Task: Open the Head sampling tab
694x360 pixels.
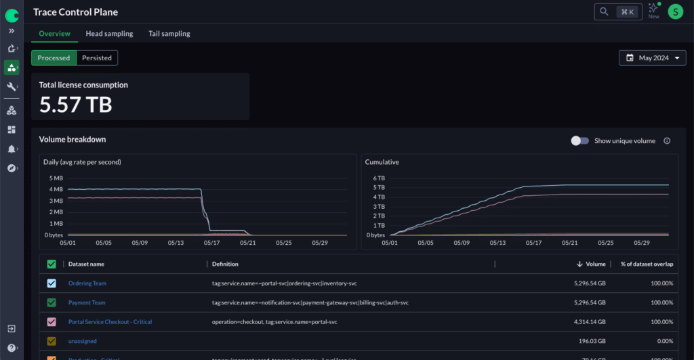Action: (x=109, y=34)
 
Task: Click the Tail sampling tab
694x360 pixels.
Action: (x=169, y=34)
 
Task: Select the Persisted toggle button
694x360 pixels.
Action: (x=97, y=58)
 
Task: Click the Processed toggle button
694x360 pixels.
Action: (x=54, y=58)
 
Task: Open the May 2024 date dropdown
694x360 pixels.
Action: (x=652, y=58)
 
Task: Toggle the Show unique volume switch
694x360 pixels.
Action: (x=579, y=141)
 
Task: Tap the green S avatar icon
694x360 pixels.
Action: (x=675, y=12)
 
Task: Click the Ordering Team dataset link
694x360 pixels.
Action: (x=87, y=283)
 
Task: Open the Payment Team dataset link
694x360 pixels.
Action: (x=87, y=302)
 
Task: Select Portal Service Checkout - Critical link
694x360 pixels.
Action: (x=110, y=322)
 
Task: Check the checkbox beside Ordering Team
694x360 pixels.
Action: (x=52, y=283)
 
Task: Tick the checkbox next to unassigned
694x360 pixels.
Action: (x=52, y=341)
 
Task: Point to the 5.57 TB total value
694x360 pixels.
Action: (x=75, y=104)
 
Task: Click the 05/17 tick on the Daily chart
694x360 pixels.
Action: (x=211, y=242)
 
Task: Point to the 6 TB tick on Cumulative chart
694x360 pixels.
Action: (x=380, y=178)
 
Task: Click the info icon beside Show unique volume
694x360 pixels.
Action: (x=667, y=141)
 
